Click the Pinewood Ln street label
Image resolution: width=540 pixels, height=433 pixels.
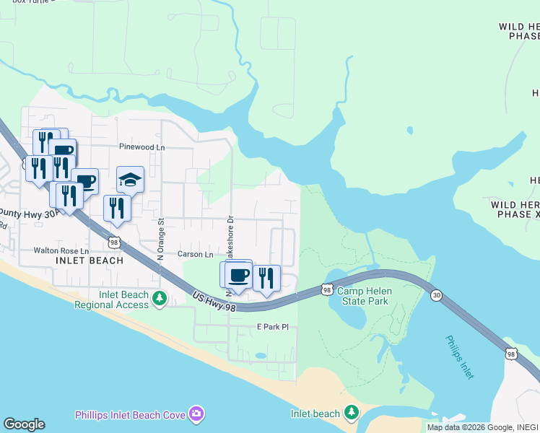pyautogui.click(x=142, y=147)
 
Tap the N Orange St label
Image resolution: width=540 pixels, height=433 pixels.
pyautogui.click(x=161, y=237)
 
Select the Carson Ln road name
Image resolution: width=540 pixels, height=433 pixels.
pyautogui.click(x=196, y=255)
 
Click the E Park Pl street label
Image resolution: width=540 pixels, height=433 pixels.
pyautogui.click(x=273, y=327)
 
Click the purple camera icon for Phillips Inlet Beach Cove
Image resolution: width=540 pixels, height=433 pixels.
pyautogui.click(x=195, y=414)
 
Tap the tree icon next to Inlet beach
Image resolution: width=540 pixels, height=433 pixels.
pyautogui.click(x=351, y=412)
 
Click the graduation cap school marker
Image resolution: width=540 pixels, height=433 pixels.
pyautogui.click(x=131, y=180)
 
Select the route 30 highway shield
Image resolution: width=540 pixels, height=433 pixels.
pyautogui.click(x=436, y=295)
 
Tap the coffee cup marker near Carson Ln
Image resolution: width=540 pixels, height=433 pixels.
pyautogui.click(x=238, y=275)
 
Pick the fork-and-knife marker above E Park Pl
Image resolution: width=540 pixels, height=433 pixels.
pyautogui.click(x=266, y=278)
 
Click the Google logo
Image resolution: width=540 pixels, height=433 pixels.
pyautogui.click(x=24, y=424)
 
